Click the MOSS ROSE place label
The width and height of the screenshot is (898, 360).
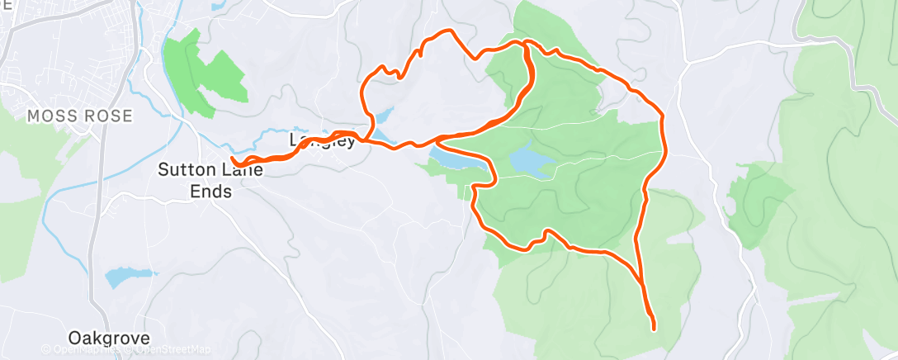tap(80, 116)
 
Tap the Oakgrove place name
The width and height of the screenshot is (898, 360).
tap(110, 339)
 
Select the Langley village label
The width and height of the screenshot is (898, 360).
tap(323, 140)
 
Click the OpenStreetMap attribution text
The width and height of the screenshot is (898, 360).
tap(172, 350)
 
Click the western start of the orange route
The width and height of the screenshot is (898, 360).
tap(234, 159)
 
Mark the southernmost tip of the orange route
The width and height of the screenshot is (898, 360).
tap(654, 329)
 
